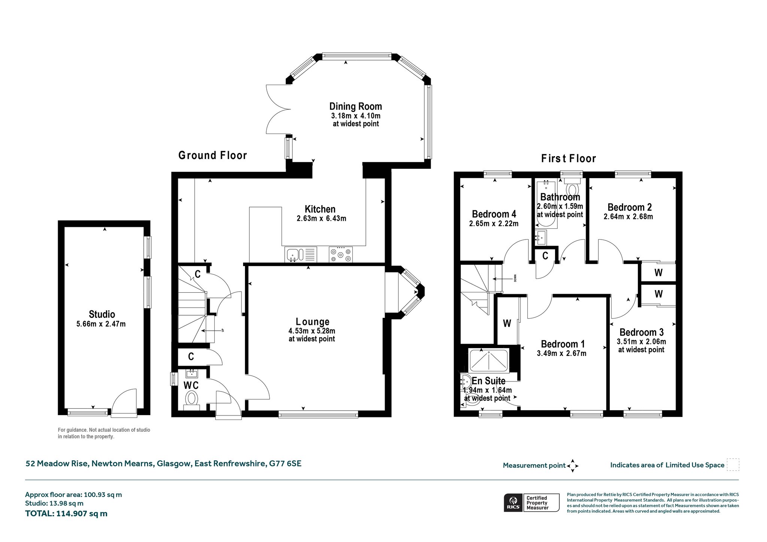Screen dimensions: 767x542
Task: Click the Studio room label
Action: [x=102, y=314]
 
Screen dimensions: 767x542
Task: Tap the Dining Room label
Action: [x=356, y=107]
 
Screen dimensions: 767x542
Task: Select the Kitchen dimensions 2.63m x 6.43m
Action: [x=321, y=219]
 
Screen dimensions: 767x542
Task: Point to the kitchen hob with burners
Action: [x=340, y=255]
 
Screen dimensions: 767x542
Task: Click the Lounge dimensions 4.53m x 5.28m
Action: [x=312, y=331]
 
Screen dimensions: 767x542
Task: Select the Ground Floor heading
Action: [x=213, y=155]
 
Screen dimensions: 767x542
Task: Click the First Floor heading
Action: [x=569, y=159]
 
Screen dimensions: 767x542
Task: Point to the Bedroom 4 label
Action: [x=494, y=214]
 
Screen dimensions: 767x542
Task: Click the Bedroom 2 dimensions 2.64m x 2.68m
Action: [x=628, y=217]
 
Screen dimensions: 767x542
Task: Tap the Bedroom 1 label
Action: [x=563, y=344]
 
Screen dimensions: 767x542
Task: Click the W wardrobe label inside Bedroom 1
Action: [x=507, y=324]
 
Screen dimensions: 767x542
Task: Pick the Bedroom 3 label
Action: [x=642, y=332]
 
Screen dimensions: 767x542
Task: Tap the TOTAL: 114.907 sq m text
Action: [x=66, y=514]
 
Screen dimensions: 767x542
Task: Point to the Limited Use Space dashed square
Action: [x=733, y=465]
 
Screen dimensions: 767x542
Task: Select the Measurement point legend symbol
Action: [x=573, y=466]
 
